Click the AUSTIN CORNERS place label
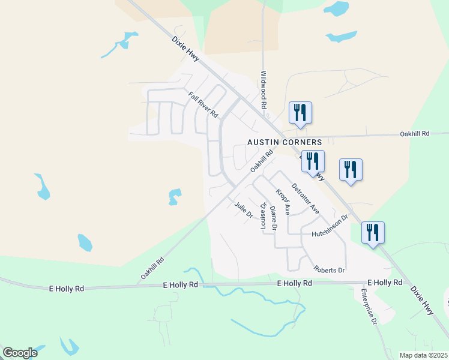coord(285,142)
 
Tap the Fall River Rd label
coord(202,104)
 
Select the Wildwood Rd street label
coord(263,90)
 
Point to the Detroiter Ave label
coord(306,197)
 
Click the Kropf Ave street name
coord(283,202)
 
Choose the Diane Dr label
coord(273,218)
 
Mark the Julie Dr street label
coord(243,211)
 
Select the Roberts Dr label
coord(329,269)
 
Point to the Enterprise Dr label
coord(368,307)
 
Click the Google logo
coord(20,353)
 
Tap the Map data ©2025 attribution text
coord(423,355)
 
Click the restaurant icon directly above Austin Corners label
coord(300,112)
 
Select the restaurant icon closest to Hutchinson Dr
coord(373,233)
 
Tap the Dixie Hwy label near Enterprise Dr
coord(423,300)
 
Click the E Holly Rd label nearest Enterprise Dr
coord(384,282)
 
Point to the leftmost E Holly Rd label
coord(66,289)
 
